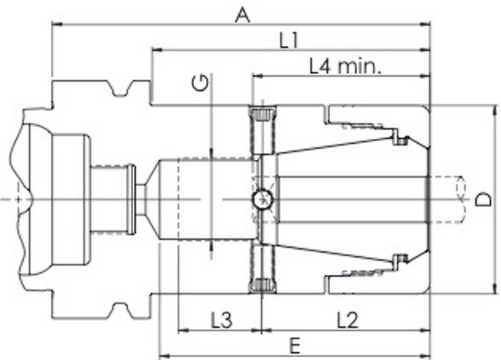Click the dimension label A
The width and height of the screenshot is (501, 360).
point(242,15)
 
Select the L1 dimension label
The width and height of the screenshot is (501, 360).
point(289,41)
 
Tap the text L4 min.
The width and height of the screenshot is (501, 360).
point(346,67)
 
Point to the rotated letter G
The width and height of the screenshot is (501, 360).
point(200,83)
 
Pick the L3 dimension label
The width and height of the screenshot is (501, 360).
point(221,320)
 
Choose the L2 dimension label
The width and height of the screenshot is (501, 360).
point(348,320)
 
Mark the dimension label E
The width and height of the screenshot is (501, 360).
point(295,346)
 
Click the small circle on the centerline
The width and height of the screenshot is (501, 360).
point(263,200)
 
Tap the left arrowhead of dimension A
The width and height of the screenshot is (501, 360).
point(57,24)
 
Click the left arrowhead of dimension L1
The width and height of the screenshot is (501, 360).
point(157,50)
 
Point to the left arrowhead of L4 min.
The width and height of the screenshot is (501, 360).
point(258,76)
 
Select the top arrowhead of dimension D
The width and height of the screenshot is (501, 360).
point(495,110)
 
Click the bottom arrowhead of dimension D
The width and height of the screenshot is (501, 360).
point(495,288)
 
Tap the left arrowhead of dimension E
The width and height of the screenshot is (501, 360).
point(164,356)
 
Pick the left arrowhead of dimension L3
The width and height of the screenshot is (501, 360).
point(183,331)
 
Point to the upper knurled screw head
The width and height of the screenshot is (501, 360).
point(262,114)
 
